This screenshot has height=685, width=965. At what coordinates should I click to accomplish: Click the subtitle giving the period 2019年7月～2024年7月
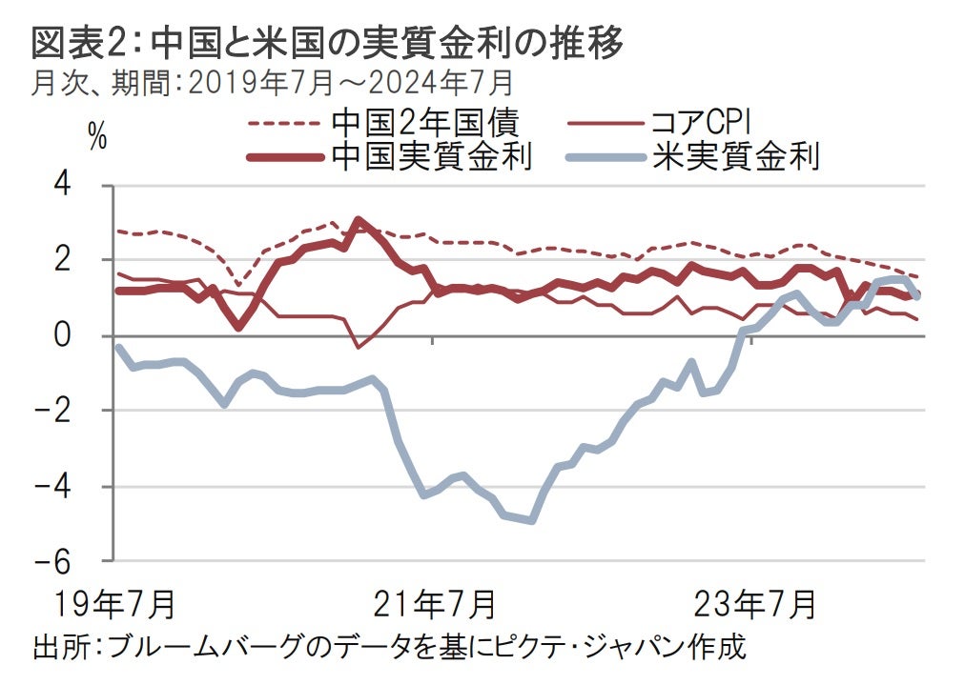click(x=272, y=84)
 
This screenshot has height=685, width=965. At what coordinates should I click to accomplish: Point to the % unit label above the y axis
click(x=97, y=136)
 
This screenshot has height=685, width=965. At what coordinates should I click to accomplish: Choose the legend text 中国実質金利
click(x=431, y=155)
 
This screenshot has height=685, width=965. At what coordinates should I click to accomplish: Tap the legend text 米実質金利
click(x=735, y=155)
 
